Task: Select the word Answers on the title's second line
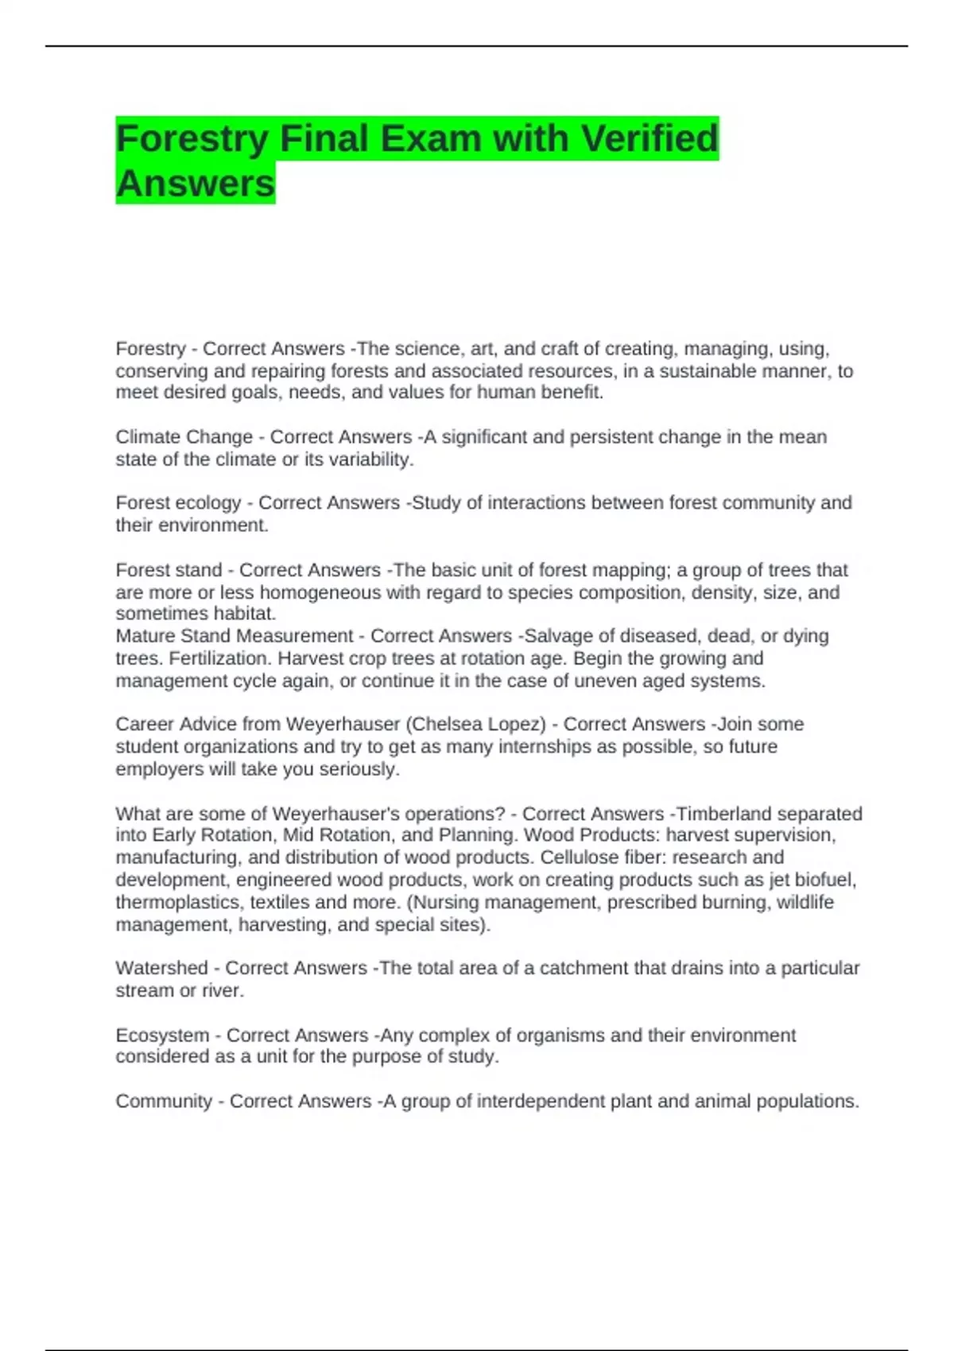tap(196, 184)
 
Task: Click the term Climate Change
tap(184, 437)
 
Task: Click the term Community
tap(164, 1101)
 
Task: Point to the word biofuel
tap(823, 881)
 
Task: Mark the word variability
tap(370, 459)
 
